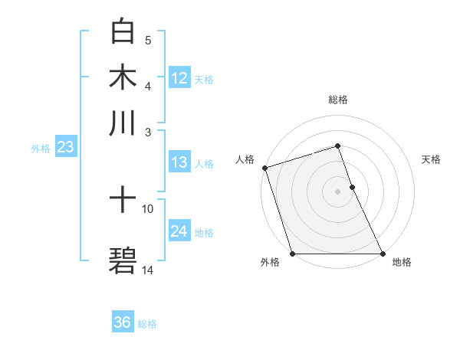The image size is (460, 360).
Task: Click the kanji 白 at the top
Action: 123,31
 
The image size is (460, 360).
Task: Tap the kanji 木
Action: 123,77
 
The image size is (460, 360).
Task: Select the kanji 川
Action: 123,123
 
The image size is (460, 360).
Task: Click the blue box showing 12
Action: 179,78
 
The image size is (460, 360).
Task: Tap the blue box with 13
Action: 179,162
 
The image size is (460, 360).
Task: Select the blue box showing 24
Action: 179,231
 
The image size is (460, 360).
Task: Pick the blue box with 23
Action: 64,148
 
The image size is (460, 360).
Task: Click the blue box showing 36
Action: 123,322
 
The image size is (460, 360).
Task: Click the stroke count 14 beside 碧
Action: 148,270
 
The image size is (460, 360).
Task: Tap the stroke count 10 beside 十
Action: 148,208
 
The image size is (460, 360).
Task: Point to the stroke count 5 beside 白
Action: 148,40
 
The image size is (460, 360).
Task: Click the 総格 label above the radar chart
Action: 337,100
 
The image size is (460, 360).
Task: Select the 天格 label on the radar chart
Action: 431,159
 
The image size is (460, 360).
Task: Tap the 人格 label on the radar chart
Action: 245,159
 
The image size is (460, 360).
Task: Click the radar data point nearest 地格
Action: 383,254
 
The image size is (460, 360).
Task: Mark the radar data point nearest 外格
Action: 292,254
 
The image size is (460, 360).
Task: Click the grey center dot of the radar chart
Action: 337,191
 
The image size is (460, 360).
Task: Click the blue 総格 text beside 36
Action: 147,324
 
